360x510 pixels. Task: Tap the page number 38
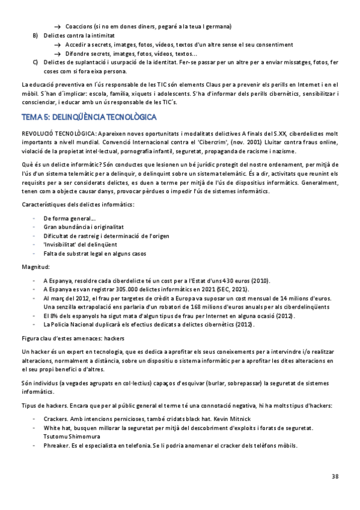(x=335, y=476)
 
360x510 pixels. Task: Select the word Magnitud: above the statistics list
(x=36, y=266)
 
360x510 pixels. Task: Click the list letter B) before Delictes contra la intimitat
(x=35, y=36)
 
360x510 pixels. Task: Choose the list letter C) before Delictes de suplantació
(x=35, y=63)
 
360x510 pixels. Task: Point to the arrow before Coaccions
(x=58, y=27)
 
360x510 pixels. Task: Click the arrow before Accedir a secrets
(x=58, y=45)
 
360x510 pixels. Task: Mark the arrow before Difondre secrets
(x=58, y=54)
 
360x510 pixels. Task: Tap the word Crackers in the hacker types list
(x=56, y=417)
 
